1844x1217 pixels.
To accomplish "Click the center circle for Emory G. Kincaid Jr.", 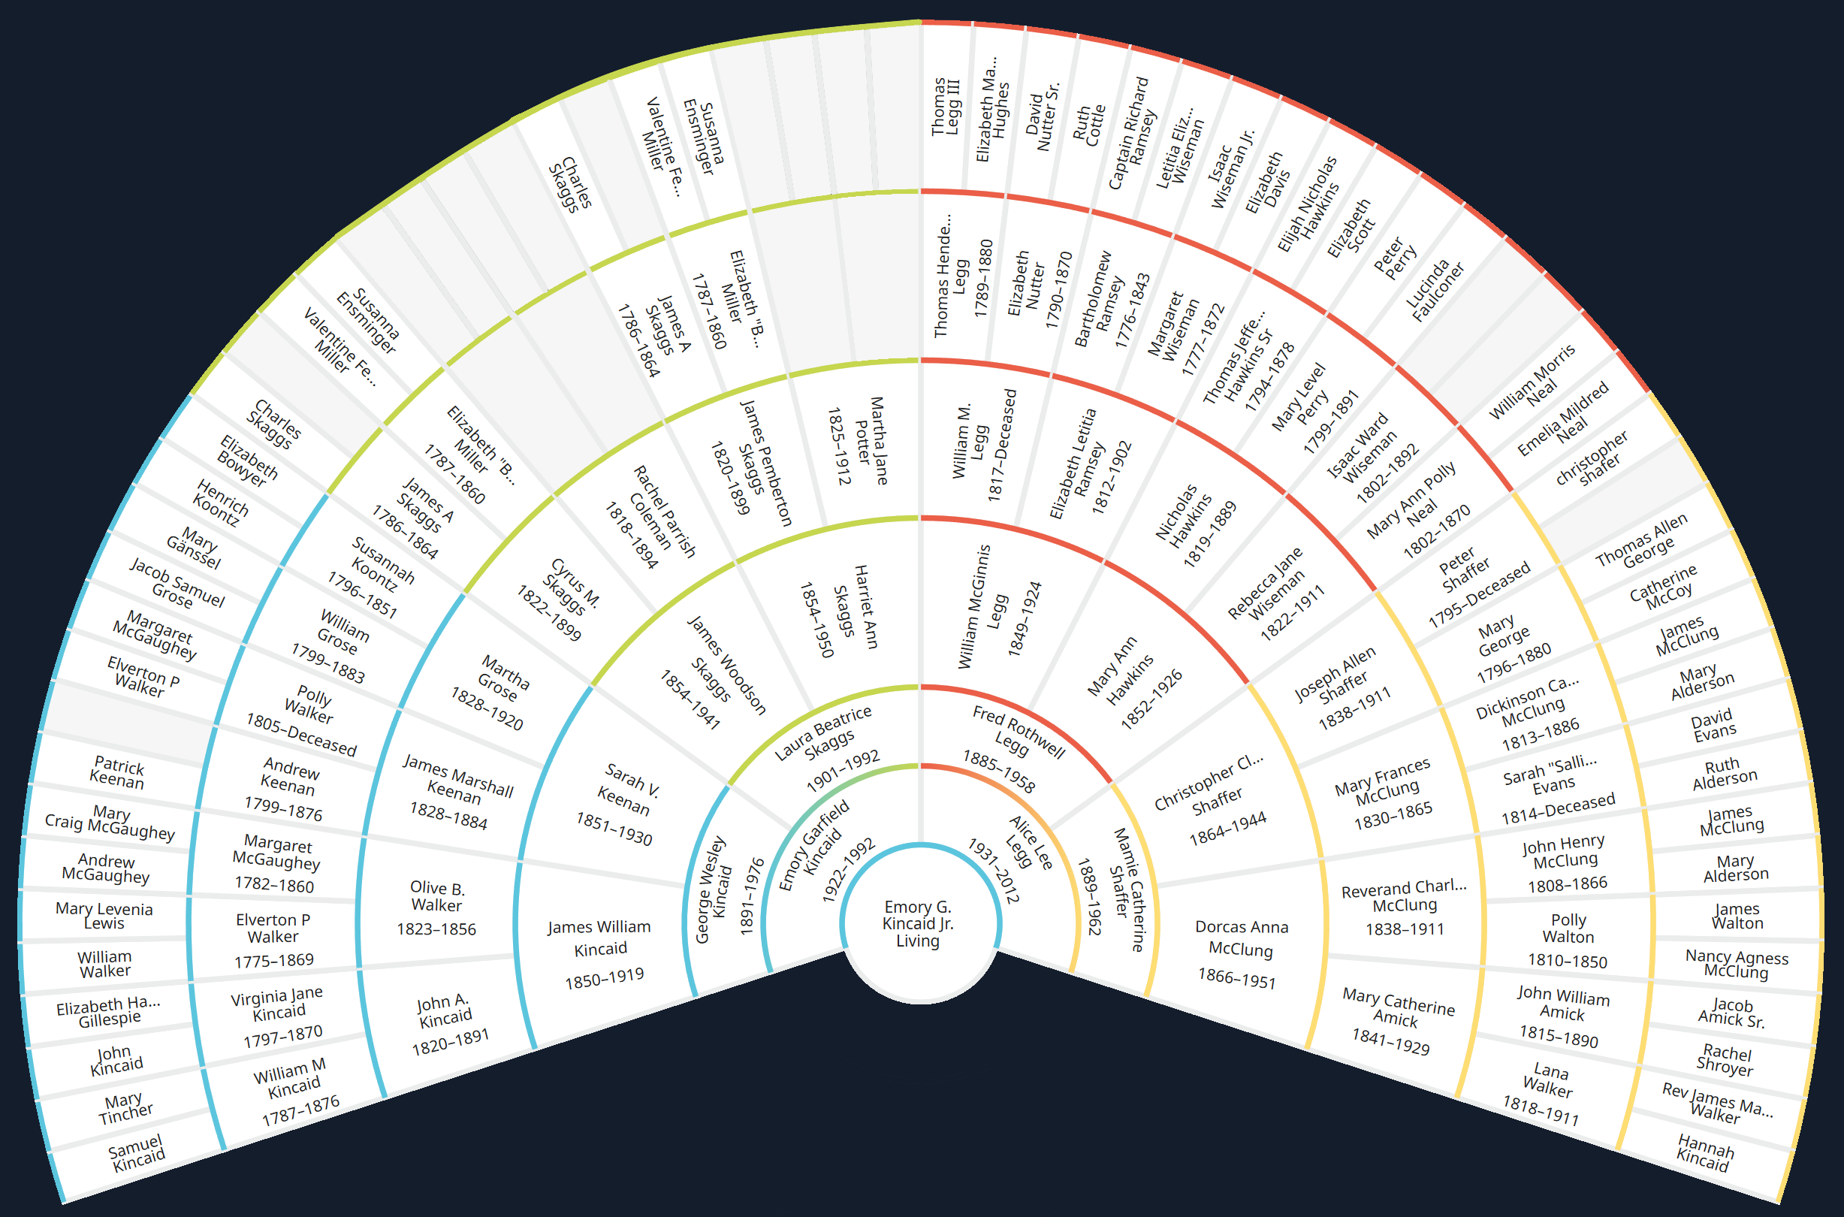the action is [x=919, y=923].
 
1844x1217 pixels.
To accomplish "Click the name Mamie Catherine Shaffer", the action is [x=1125, y=889].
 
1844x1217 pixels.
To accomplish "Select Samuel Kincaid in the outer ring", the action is [x=137, y=1152].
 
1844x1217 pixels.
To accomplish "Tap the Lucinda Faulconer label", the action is [x=1437, y=290].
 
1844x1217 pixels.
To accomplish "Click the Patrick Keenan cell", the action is [x=116, y=773].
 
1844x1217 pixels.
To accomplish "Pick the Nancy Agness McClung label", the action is [x=1737, y=964].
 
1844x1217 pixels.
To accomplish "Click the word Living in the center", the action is [x=918, y=941].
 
